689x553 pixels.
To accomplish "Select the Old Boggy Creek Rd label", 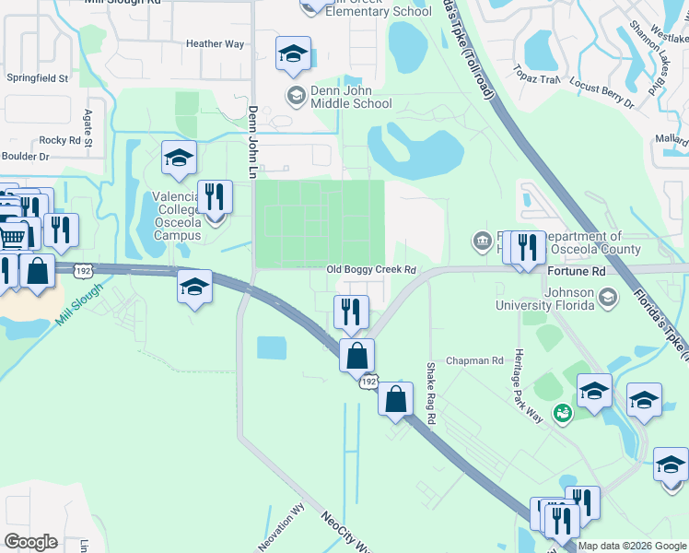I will pos(372,269).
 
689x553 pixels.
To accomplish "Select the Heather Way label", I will pos(215,43).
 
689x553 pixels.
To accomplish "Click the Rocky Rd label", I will pos(61,140).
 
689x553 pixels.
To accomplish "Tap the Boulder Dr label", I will pos(30,157).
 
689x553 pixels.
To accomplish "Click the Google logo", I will pos(31,542).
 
